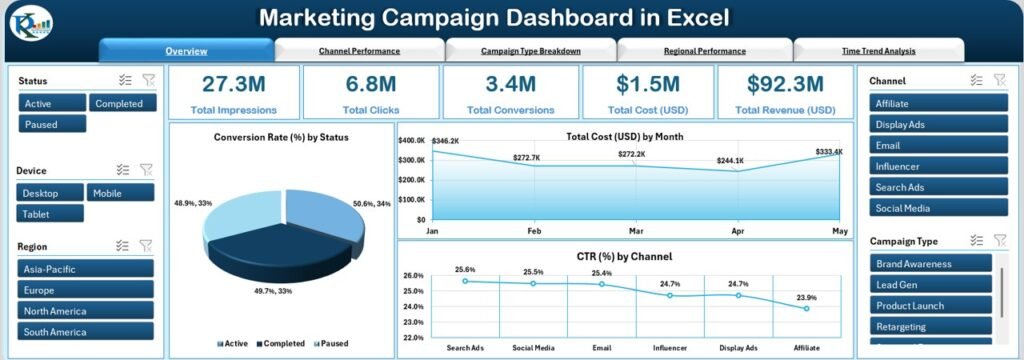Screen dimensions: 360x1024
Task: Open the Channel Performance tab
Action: (x=359, y=51)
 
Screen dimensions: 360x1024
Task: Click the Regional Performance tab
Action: (x=704, y=51)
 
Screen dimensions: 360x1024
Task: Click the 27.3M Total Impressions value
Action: (x=233, y=84)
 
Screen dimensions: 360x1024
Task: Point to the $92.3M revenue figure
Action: (x=785, y=84)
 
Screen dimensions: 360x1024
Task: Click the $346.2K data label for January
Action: (x=446, y=142)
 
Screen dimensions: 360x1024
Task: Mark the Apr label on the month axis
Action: (x=738, y=230)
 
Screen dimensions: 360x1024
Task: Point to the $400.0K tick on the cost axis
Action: (x=413, y=141)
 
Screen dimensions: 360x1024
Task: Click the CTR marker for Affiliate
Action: (x=807, y=309)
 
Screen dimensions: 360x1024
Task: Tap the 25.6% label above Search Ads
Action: (x=466, y=269)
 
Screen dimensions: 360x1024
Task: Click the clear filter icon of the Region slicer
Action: (x=146, y=246)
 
